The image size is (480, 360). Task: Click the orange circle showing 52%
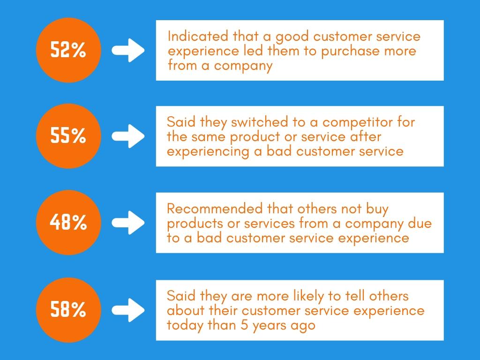[x=68, y=50]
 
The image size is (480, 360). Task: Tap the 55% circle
[x=68, y=136]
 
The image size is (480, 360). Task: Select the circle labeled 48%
[x=68, y=223]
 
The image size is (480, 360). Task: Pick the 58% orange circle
[x=68, y=310]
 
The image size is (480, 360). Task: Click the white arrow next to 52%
[x=128, y=50]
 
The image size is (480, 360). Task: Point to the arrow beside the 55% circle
[x=128, y=136]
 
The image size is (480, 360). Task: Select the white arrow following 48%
[x=128, y=223]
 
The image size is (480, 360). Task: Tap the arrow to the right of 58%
[x=128, y=310]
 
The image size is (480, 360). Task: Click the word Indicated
[x=198, y=36]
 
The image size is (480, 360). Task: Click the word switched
[x=260, y=122]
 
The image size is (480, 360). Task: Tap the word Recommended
[x=215, y=209]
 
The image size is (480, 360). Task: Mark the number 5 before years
[x=244, y=325]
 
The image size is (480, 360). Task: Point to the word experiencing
[x=208, y=152]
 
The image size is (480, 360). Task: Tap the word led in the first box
[x=254, y=51]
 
